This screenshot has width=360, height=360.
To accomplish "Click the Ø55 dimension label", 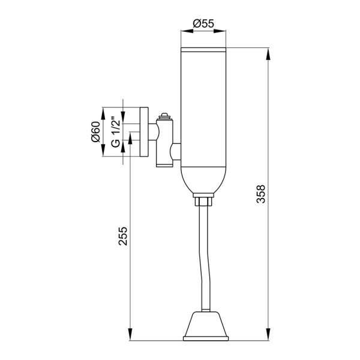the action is (x=203, y=23).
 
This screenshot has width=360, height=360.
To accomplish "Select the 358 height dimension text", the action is (x=260, y=194).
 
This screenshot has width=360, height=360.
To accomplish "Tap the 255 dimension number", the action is (x=123, y=236).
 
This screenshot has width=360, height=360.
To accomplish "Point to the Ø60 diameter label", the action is (x=95, y=132).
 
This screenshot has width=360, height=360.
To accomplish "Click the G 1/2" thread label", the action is (x=115, y=132).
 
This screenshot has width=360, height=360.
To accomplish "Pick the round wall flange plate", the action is (x=144, y=132).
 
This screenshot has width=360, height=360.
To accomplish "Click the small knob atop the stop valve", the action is (x=164, y=115).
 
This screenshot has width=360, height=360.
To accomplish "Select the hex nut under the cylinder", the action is (x=203, y=202).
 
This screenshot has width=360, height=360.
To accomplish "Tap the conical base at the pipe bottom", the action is (x=206, y=324).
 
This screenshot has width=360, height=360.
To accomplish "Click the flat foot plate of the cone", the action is (x=206, y=338).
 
